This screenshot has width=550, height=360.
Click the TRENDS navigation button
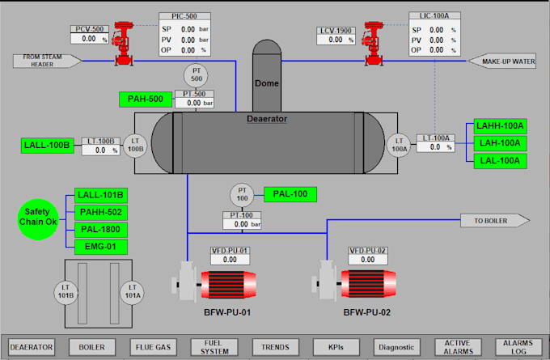pyautogui.click(x=276, y=346)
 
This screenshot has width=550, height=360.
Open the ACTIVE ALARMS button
pyautogui.click(x=457, y=346)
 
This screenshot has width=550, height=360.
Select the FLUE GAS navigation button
pyautogui.click(x=154, y=346)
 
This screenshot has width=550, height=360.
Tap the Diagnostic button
pyautogui.click(x=396, y=346)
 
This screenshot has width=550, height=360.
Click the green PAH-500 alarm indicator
pyautogui.click(x=146, y=100)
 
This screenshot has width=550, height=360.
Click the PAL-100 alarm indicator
pyautogui.click(x=290, y=194)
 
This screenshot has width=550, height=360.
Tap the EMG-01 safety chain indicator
pyautogui.click(x=100, y=246)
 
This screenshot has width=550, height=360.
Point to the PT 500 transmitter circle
pyautogui.click(x=196, y=76)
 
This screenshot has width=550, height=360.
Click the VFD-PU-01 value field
pyautogui.click(x=230, y=260)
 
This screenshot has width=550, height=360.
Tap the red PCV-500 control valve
pyautogui.click(x=125, y=43)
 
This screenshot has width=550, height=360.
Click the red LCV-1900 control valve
pyautogui.click(x=374, y=43)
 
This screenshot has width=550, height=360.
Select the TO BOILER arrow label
pyautogui.click(x=494, y=220)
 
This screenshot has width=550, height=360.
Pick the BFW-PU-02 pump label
pyautogui.click(x=367, y=312)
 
